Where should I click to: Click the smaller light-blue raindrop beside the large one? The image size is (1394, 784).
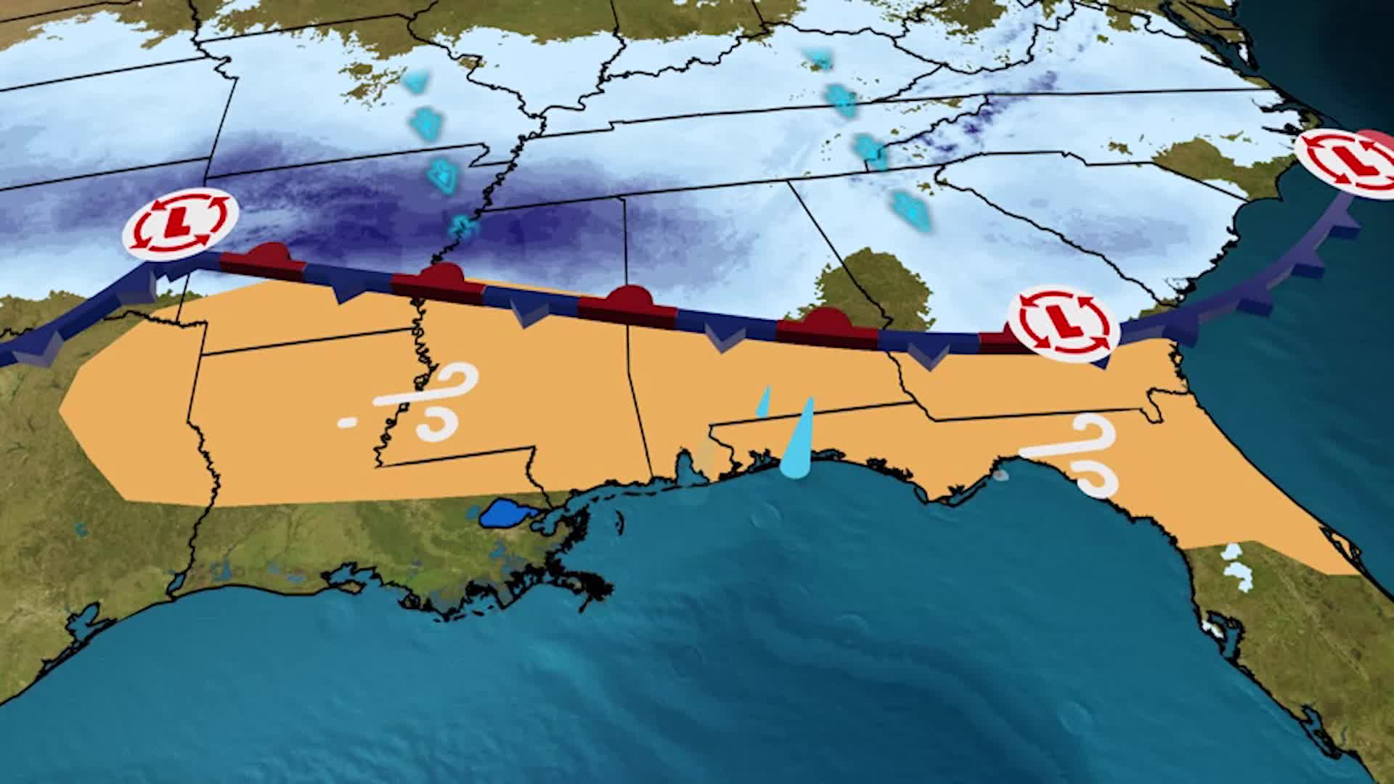click(763, 404)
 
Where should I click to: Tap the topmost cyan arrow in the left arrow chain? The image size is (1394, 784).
click(415, 82)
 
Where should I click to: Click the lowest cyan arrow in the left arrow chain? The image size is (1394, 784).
click(460, 226)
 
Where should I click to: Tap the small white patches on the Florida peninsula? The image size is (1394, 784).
click(1239, 566)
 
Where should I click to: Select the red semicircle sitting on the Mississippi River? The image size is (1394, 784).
click(439, 277)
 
